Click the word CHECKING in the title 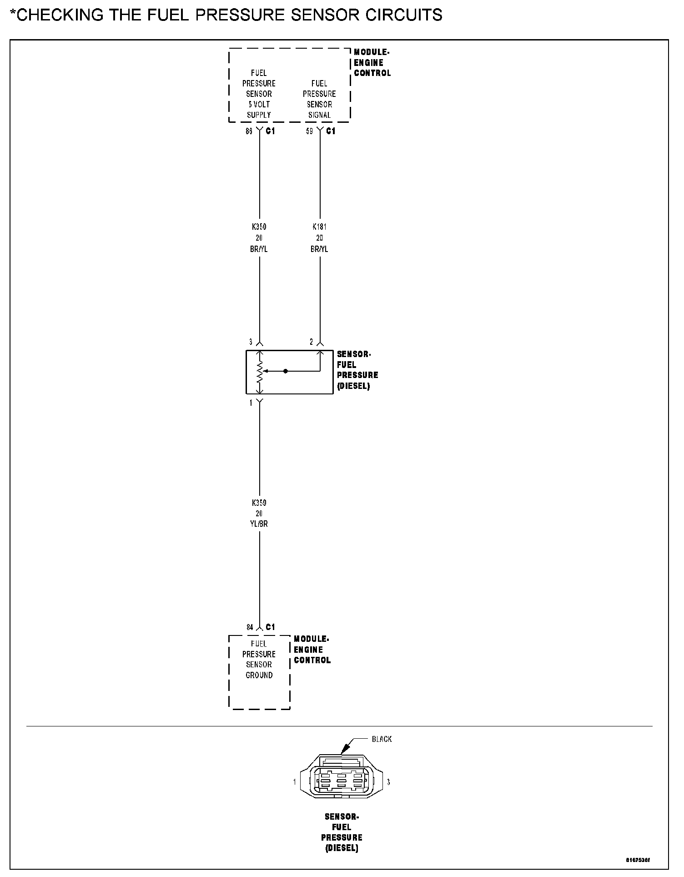[61, 15]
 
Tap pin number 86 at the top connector [249, 131]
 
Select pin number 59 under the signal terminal [309, 131]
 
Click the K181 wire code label [319, 227]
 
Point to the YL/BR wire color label [259, 524]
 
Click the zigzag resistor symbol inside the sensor [260, 372]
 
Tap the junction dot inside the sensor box [286, 371]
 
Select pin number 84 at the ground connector [250, 627]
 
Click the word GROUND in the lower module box [259, 675]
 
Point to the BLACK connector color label [382, 739]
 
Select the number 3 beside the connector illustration [388, 782]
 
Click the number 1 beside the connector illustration [295, 782]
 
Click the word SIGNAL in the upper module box [319, 115]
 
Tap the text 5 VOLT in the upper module [259, 104]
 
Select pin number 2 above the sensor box [312, 342]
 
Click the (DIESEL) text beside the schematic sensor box [353, 386]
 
